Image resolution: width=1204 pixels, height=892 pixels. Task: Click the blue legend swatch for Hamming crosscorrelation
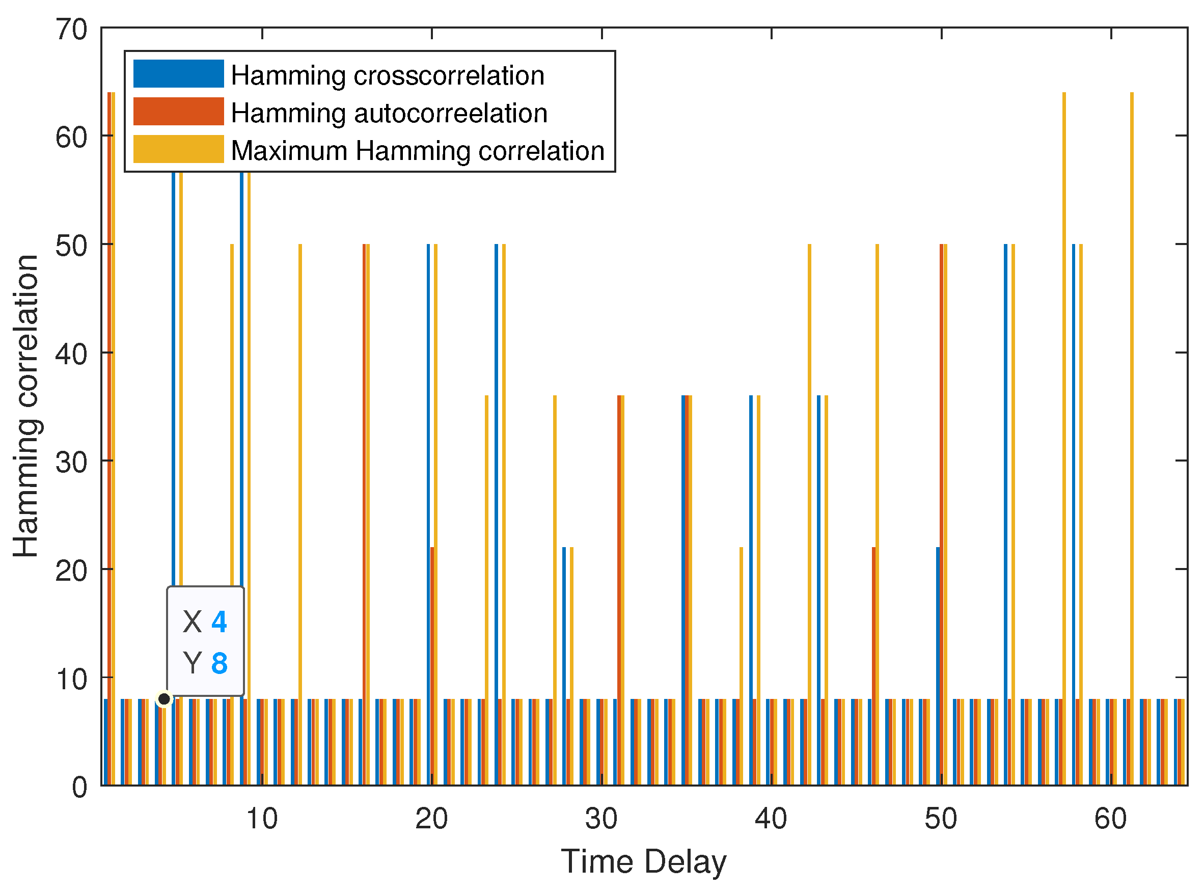click(178, 73)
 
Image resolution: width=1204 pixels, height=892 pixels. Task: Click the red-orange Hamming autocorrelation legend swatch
click(178, 111)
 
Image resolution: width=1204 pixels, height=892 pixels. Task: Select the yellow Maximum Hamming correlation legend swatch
click(178, 149)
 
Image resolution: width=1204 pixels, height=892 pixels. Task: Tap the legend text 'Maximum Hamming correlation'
click(418, 151)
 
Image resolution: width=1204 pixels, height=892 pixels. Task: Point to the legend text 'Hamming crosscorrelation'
click(388, 75)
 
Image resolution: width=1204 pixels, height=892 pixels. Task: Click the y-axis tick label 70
click(71, 29)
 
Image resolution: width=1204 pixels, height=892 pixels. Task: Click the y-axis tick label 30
click(71, 463)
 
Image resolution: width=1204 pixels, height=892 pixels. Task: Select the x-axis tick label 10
click(262, 819)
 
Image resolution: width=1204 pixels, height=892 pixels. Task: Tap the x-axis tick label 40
click(771, 819)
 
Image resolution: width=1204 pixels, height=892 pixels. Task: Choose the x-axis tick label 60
click(1110, 819)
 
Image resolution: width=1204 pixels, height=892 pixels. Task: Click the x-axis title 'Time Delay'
click(643, 862)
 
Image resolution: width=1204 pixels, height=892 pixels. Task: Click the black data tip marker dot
click(164, 699)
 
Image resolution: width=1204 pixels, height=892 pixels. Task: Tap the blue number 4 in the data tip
click(219, 621)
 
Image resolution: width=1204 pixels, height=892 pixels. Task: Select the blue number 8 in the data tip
click(219, 663)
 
